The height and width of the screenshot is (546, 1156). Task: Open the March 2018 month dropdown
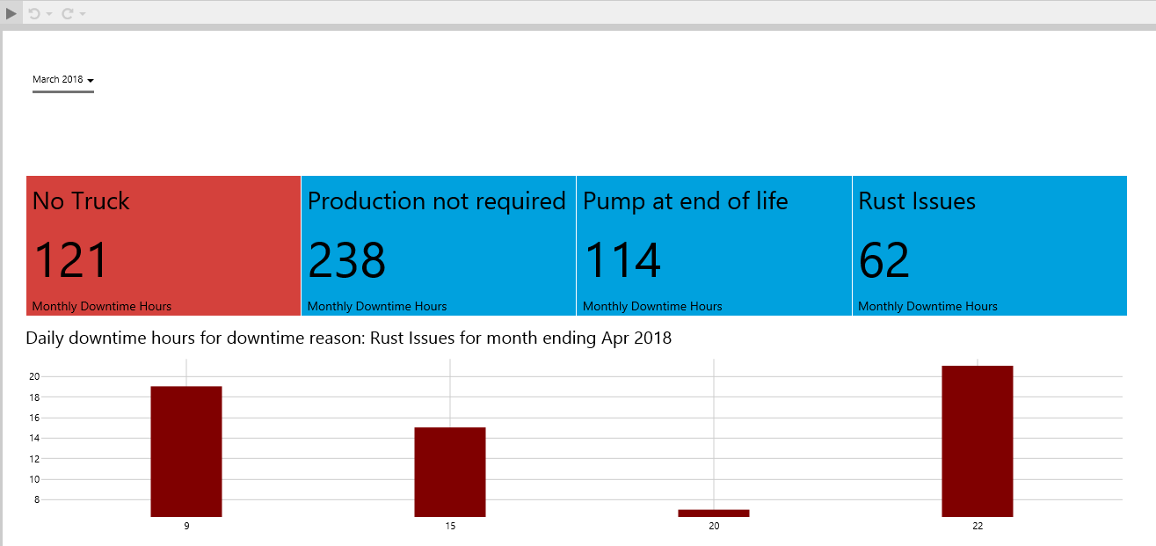point(63,80)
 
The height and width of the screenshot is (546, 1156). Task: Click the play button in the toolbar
point(11,13)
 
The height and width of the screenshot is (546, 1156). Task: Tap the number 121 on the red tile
point(70,260)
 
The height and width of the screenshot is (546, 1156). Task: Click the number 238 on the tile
point(346,260)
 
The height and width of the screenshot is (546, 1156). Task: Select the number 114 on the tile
point(622,260)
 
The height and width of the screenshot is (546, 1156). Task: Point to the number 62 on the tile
point(883,260)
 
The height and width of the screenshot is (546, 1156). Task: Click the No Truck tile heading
point(81,201)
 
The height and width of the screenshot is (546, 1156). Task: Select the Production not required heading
point(436,201)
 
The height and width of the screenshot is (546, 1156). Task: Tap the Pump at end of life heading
point(686,201)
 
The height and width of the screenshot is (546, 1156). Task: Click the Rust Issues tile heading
point(917,201)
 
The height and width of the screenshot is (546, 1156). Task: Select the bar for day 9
point(186,451)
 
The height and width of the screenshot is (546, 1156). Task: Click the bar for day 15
point(450,471)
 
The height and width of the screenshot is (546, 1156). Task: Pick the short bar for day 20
point(714,513)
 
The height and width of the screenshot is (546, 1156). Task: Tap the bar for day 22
point(978,440)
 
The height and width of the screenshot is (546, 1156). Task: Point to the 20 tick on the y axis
point(34,376)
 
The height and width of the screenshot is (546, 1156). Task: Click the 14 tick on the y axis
point(34,438)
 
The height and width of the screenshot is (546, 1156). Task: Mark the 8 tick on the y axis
point(36,499)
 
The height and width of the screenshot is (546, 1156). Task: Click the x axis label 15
point(450,526)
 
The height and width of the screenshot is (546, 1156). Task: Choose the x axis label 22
point(978,526)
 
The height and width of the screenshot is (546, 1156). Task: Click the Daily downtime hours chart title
point(348,338)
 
